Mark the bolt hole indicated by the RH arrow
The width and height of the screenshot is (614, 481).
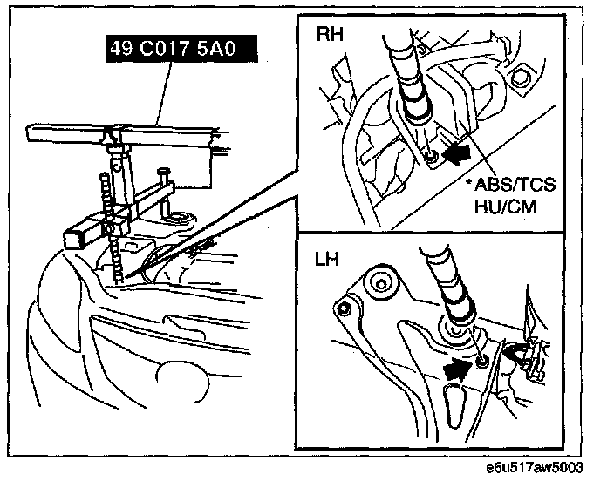(x=433, y=158)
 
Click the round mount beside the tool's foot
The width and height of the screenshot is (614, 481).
(x=181, y=216)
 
